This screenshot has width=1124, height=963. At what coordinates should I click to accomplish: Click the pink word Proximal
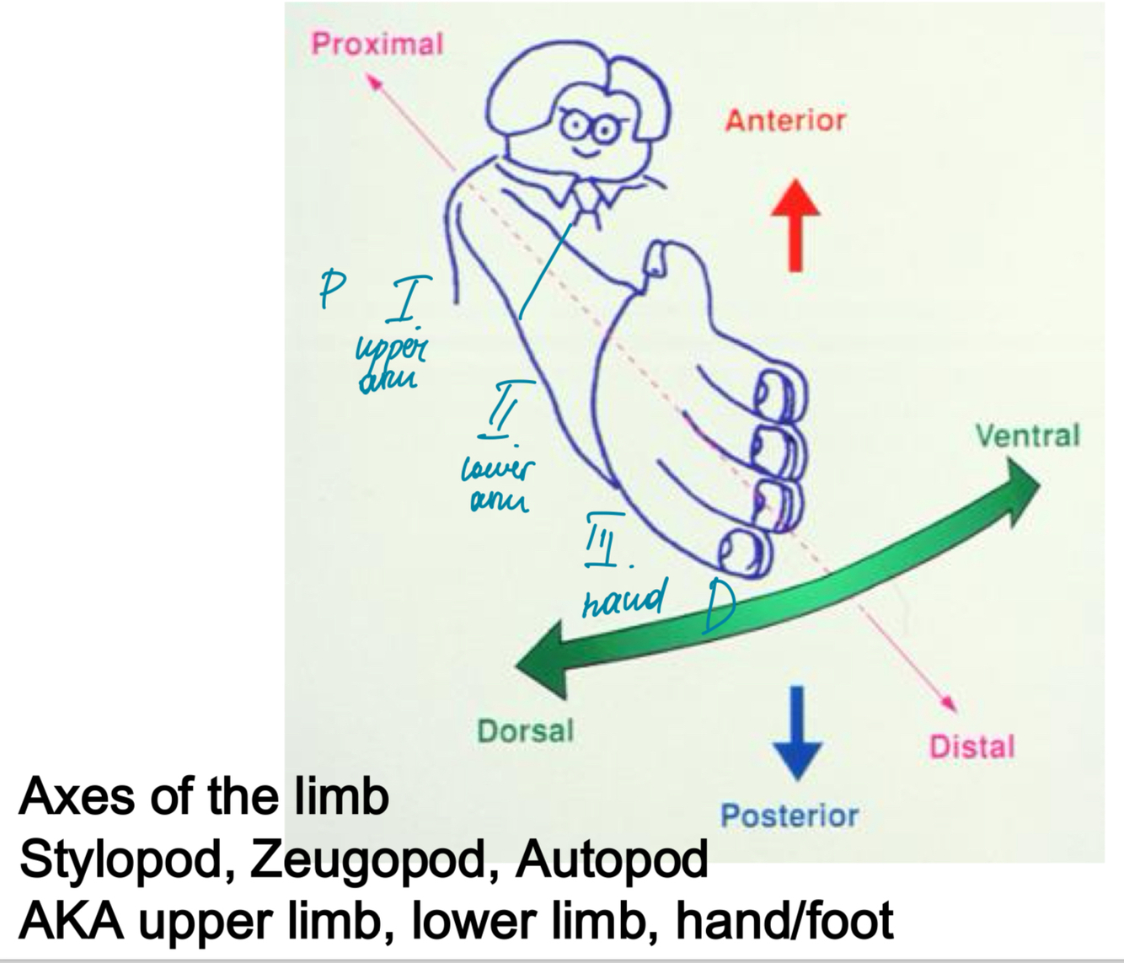(377, 43)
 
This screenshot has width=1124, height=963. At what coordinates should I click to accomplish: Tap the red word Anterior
(784, 120)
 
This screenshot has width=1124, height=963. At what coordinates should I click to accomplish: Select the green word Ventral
(1027, 436)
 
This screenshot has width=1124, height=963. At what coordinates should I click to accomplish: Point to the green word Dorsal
(525, 730)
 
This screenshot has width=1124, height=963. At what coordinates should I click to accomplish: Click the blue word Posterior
(789, 815)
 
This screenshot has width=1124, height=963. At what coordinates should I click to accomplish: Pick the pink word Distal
(971, 746)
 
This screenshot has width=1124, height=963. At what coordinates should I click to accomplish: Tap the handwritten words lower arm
(497, 485)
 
